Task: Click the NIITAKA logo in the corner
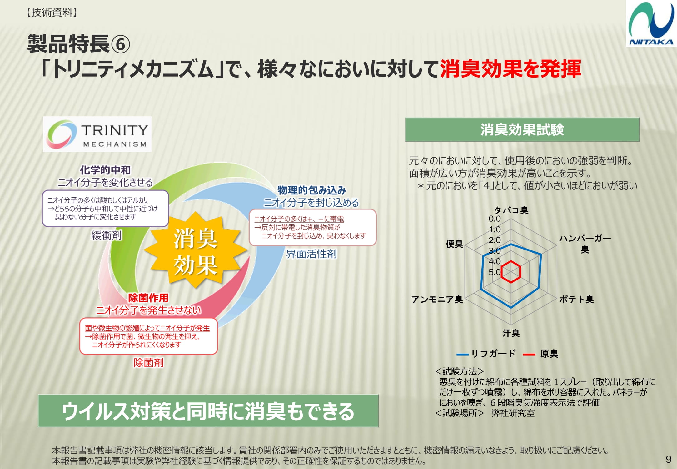click(651, 23)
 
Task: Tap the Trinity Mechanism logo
click(97, 134)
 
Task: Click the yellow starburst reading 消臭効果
click(195, 249)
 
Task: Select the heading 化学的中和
click(105, 170)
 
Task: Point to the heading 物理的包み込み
click(311, 190)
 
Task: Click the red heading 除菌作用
click(148, 298)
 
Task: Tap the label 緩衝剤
click(106, 235)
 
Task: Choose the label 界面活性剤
click(311, 254)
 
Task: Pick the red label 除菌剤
click(148, 363)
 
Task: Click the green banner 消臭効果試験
click(522, 129)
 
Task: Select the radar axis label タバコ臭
click(511, 210)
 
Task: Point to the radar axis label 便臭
click(454, 244)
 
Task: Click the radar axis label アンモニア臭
click(437, 300)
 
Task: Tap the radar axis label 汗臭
click(511, 333)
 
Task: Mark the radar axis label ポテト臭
click(576, 300)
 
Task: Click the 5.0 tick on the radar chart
click(495, 272)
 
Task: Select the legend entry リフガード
click(486, 354)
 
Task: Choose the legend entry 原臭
click(540, 354)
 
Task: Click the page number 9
click(669, 459)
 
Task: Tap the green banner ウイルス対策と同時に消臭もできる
click(208, 411)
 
